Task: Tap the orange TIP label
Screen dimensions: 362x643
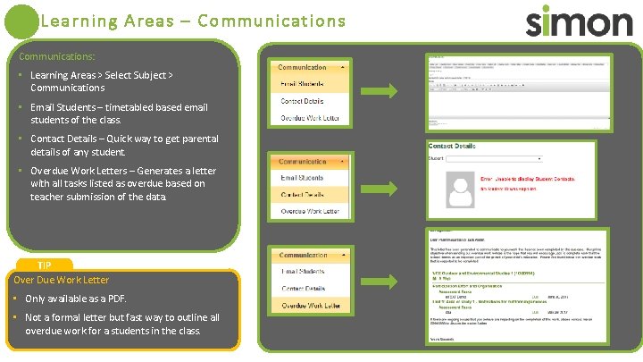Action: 44,265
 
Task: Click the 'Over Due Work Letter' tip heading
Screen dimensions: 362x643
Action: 62,280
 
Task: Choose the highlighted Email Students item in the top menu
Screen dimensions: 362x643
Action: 303,84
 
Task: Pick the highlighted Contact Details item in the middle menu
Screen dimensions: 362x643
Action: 303,194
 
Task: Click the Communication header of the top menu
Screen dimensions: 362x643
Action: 303,67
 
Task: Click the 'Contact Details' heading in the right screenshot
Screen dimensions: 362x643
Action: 452,146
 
